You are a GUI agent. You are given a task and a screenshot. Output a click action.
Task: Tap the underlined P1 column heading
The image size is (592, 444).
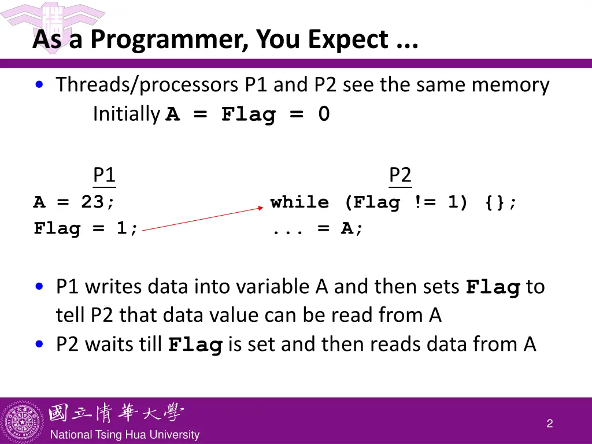pyautogui.click(x=104, y=175)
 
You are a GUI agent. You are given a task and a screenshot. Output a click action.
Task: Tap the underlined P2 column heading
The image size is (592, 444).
pyautogui.click(x=400, y=175)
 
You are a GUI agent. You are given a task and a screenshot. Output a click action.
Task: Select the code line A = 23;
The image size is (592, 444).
pyautogui.click(x=74, y=202)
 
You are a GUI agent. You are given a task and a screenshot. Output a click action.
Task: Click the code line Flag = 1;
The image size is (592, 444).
pyautogui.click(x=86, y=229)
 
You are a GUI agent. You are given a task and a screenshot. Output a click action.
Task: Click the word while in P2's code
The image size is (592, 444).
pyautogui.click(x=299, y=202)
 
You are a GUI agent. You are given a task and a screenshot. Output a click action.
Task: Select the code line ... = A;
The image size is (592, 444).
pyautogui.click(x=318, y=229)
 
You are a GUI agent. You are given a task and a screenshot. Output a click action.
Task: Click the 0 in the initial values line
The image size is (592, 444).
pyautogui.click(x=324, y=114)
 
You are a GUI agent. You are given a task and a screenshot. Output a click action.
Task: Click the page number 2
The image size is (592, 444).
pyautogui.click(x=549, y=424)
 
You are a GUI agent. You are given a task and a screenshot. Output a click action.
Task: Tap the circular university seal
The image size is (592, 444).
pyautogui.click(x=23, y=421)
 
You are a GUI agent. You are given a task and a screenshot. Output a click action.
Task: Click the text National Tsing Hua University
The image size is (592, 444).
pyautogui.click(x=125, y=435)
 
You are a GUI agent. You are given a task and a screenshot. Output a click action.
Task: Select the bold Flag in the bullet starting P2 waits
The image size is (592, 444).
pyautogui.click(x=195, y=346)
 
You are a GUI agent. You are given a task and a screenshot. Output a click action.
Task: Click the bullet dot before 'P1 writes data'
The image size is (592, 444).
pyautogui.click(x=39, y=286)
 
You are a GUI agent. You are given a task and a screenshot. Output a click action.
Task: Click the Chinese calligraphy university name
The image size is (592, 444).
pyautogui.click(x=116, y=413)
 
